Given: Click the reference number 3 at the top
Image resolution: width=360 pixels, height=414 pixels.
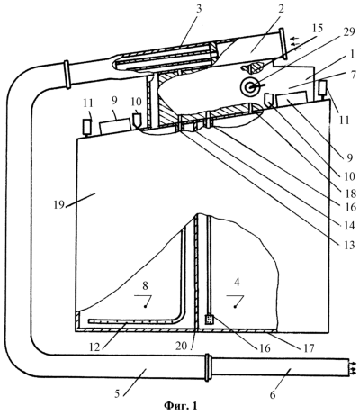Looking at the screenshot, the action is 198,9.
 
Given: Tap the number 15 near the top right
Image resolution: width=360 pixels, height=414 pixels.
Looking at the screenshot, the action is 316,28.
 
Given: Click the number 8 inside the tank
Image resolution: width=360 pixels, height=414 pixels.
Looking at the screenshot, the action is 145,286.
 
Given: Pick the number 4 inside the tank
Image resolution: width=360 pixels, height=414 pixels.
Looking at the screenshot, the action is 237,283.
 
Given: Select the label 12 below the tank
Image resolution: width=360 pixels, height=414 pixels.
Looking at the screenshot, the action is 95,346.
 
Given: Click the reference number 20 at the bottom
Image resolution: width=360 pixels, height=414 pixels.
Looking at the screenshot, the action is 183,346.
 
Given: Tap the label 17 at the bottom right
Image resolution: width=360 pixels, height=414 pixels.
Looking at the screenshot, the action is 308,347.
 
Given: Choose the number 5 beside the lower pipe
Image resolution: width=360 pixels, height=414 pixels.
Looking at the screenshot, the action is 117,393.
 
